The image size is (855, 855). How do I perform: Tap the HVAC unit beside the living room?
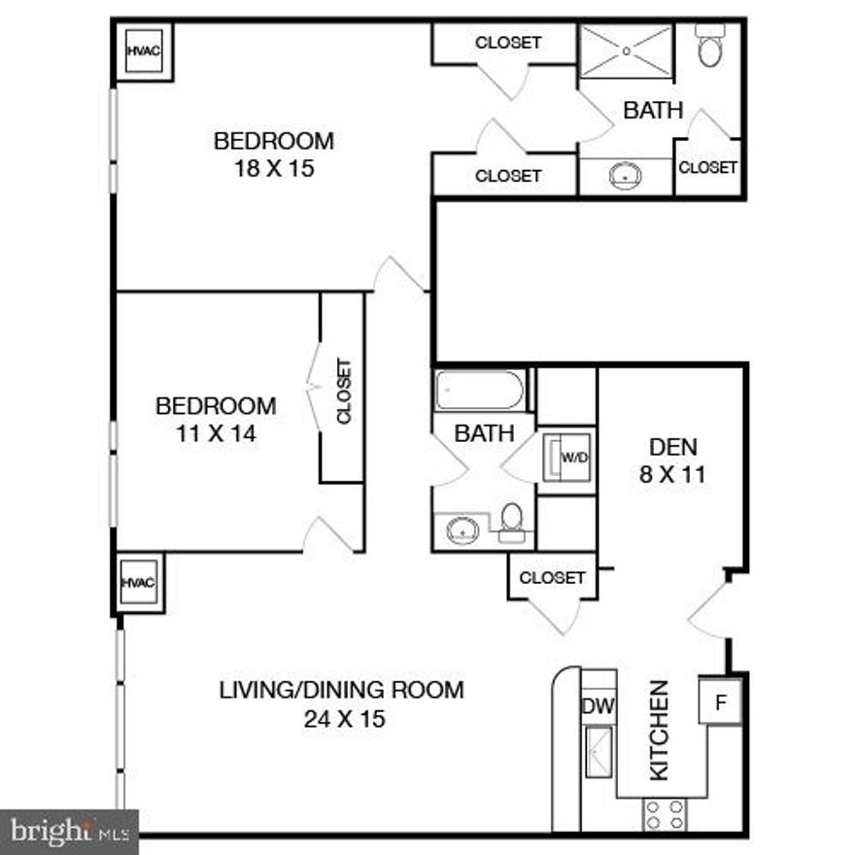point(139,582)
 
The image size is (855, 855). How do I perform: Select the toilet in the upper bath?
point(710,47)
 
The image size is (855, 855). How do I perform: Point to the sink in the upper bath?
point(625,176)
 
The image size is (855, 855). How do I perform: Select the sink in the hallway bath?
point(463,530)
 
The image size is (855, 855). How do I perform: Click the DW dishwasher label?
point(598,706)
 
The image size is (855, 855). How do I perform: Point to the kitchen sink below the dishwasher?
point(598,752)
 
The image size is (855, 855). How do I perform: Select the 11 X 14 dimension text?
point(215,433)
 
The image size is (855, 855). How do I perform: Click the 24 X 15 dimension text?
point(341,719)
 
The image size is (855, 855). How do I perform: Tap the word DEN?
point(673,448)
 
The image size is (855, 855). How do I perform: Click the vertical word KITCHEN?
point(659,730)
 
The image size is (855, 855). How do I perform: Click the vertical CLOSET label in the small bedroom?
point(344,391)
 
